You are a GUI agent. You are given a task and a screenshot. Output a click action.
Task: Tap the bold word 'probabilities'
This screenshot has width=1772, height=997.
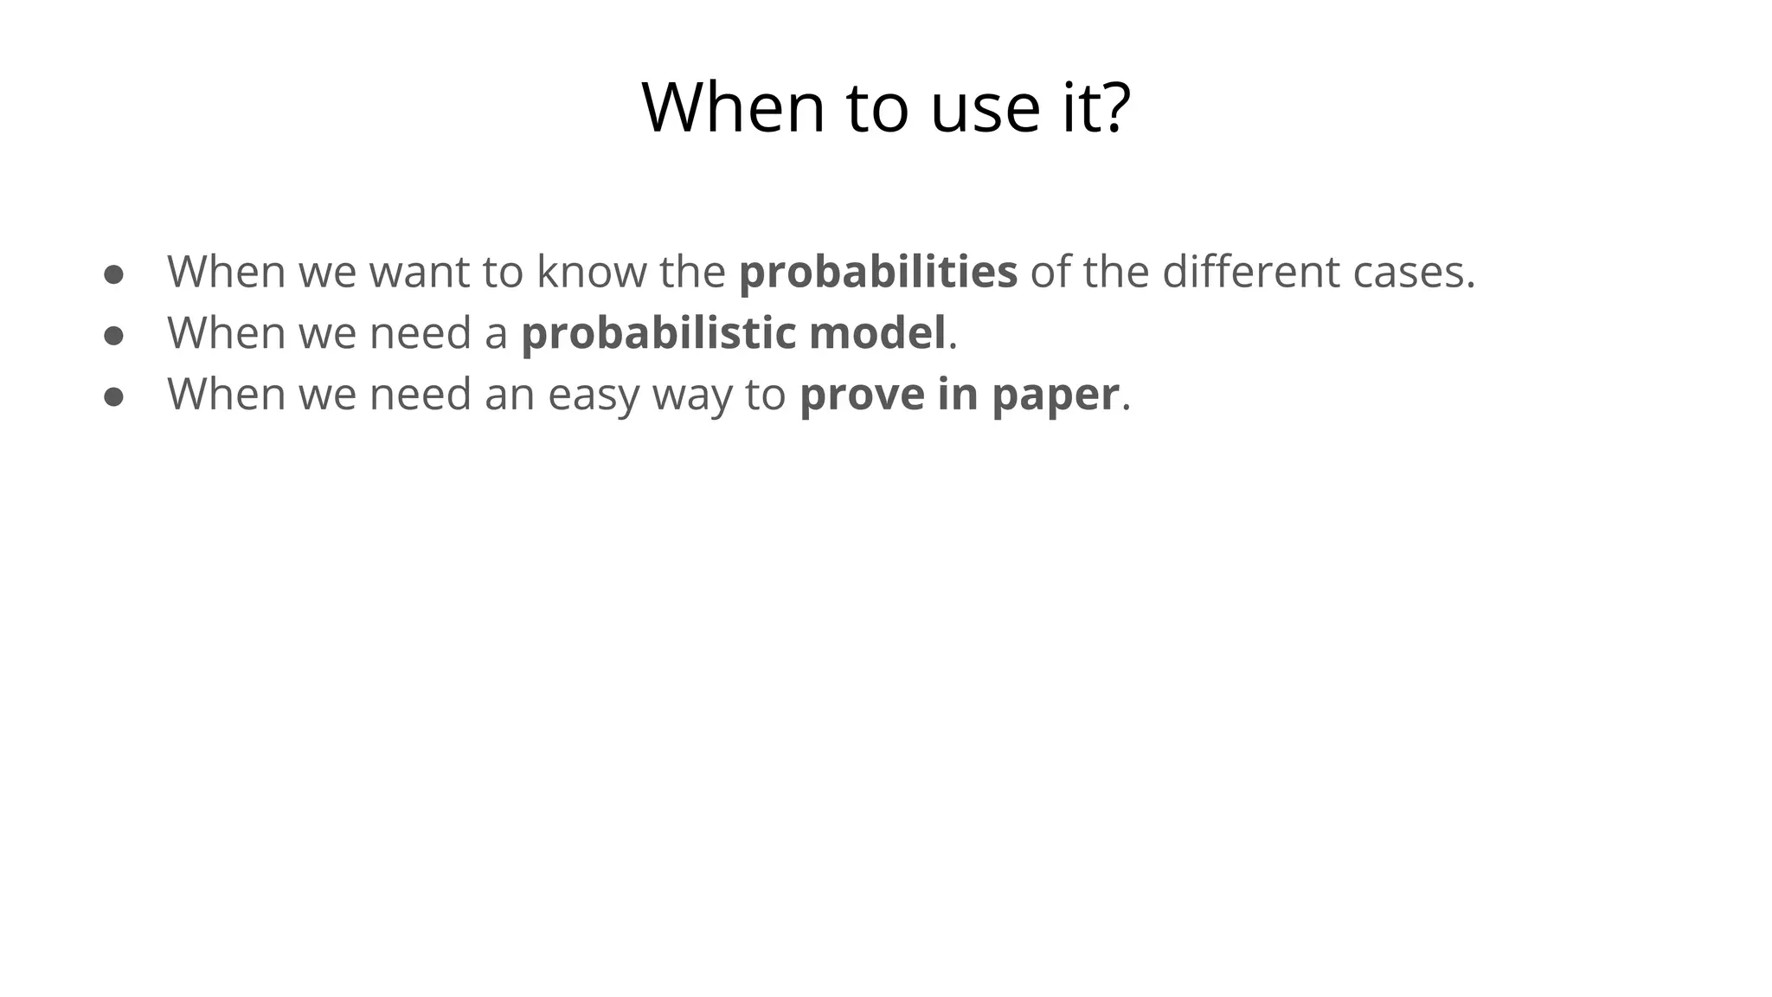(x=877, y=272)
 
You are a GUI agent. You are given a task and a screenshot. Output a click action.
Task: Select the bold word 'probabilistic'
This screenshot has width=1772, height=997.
(x=658, y=333)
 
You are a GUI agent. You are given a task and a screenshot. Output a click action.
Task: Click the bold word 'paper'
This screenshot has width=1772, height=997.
(x=1055, y=396)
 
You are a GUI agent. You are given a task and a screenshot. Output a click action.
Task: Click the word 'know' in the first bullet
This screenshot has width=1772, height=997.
(x=591, y=272)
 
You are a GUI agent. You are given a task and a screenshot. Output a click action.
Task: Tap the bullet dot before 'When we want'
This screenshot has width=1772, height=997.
(x=113, y=274)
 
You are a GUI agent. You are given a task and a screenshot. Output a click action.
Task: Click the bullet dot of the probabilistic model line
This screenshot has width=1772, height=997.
(x=113, y=336)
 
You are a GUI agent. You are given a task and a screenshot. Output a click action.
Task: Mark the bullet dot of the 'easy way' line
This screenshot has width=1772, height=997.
(x=113, y=397)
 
